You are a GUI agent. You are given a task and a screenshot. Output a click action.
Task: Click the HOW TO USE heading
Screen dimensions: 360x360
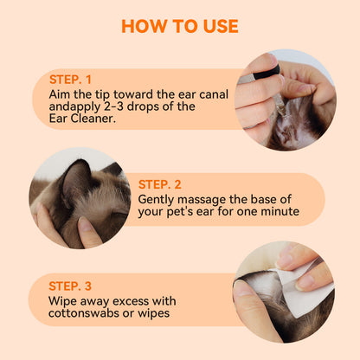point(179,25)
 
